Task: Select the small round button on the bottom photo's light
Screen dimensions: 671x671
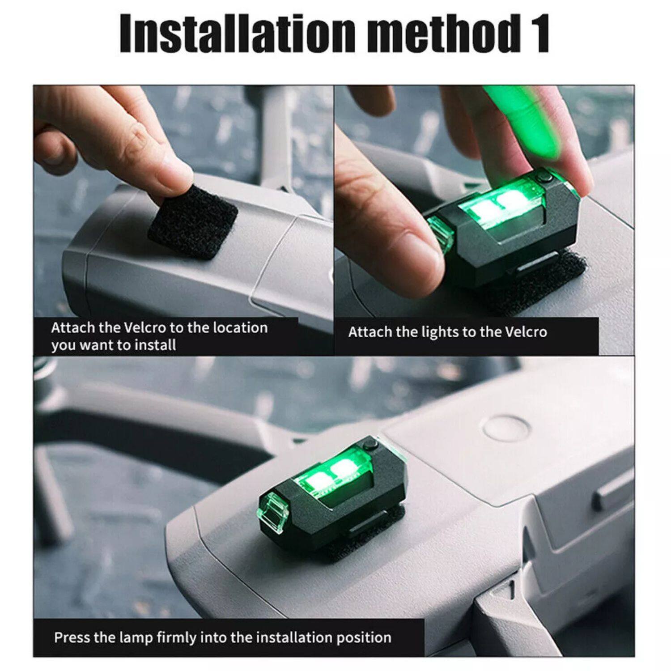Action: point(370,445)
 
